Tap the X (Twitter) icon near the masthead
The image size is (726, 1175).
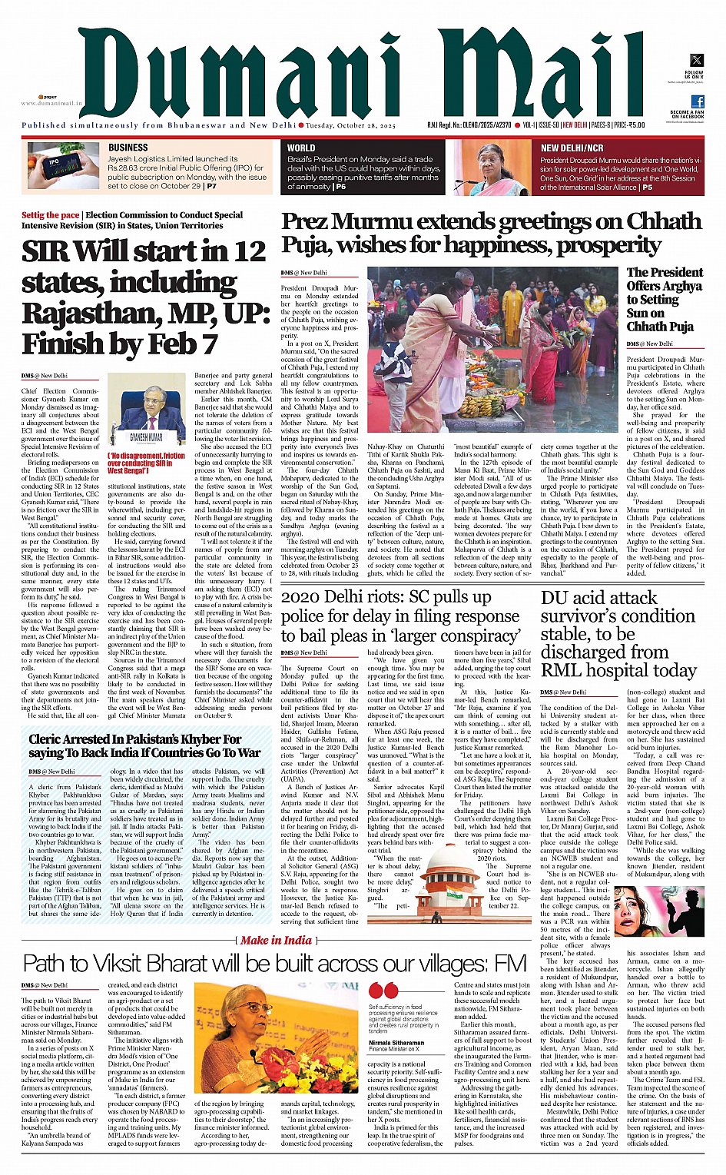tap(696, 60)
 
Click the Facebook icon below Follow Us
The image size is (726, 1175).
tap(697, 101)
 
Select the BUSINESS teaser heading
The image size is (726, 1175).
tap(128, 148)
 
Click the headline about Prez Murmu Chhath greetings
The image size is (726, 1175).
tap(491, 233)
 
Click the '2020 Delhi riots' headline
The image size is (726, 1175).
tap(400, 616)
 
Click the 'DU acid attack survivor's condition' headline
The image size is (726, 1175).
tap(617, 633)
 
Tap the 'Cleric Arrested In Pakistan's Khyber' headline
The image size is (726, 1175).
tap(144, 746)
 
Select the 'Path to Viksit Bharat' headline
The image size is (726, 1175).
tap(274, 964)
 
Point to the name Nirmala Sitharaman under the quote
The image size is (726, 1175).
tap(396, 1043)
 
